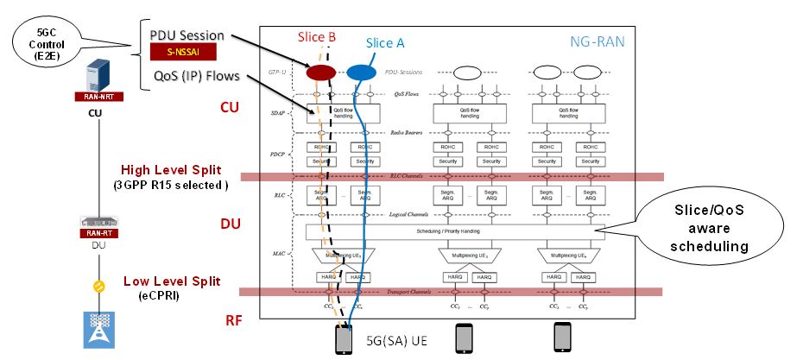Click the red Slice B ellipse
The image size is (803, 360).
(322, 73)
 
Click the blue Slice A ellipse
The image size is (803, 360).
(362, 73)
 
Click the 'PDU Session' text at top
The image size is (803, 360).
(187, 35)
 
